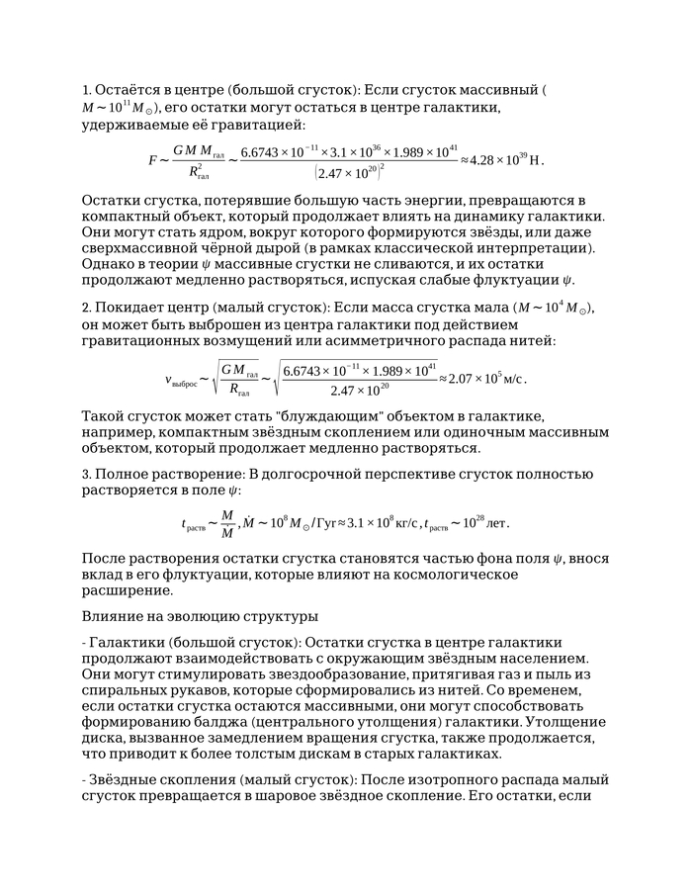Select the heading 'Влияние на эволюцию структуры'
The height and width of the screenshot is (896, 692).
[186, 616]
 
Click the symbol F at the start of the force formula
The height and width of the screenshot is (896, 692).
[152, 159]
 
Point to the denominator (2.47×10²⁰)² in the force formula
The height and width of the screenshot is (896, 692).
[349, 173]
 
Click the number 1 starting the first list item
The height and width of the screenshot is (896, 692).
[86, 89]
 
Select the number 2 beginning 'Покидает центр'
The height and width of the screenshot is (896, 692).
[86, 307]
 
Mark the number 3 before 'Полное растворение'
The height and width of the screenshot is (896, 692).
[86, 473]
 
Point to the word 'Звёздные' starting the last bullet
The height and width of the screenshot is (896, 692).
[127, 779]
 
